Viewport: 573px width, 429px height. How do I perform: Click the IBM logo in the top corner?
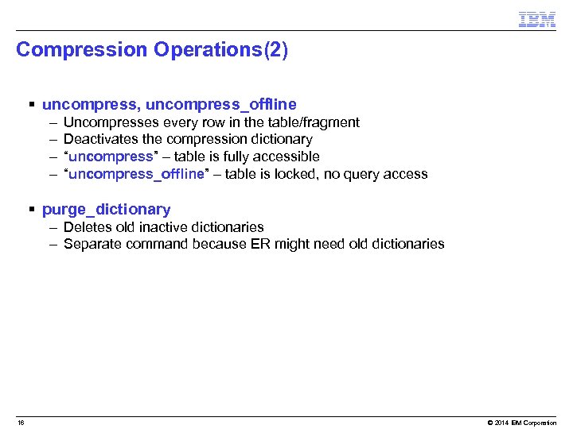(536, 20)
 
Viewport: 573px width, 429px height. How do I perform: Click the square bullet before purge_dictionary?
(31, 210)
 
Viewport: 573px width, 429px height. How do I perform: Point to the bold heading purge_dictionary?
(106, 210)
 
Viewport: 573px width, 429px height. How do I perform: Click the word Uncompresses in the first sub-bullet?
(111, 122)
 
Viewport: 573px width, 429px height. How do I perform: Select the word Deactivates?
(100, 140)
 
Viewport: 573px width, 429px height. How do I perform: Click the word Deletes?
(87, 227)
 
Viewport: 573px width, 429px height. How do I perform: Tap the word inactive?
(163, 227)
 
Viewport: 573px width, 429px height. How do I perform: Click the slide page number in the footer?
(21, 423)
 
